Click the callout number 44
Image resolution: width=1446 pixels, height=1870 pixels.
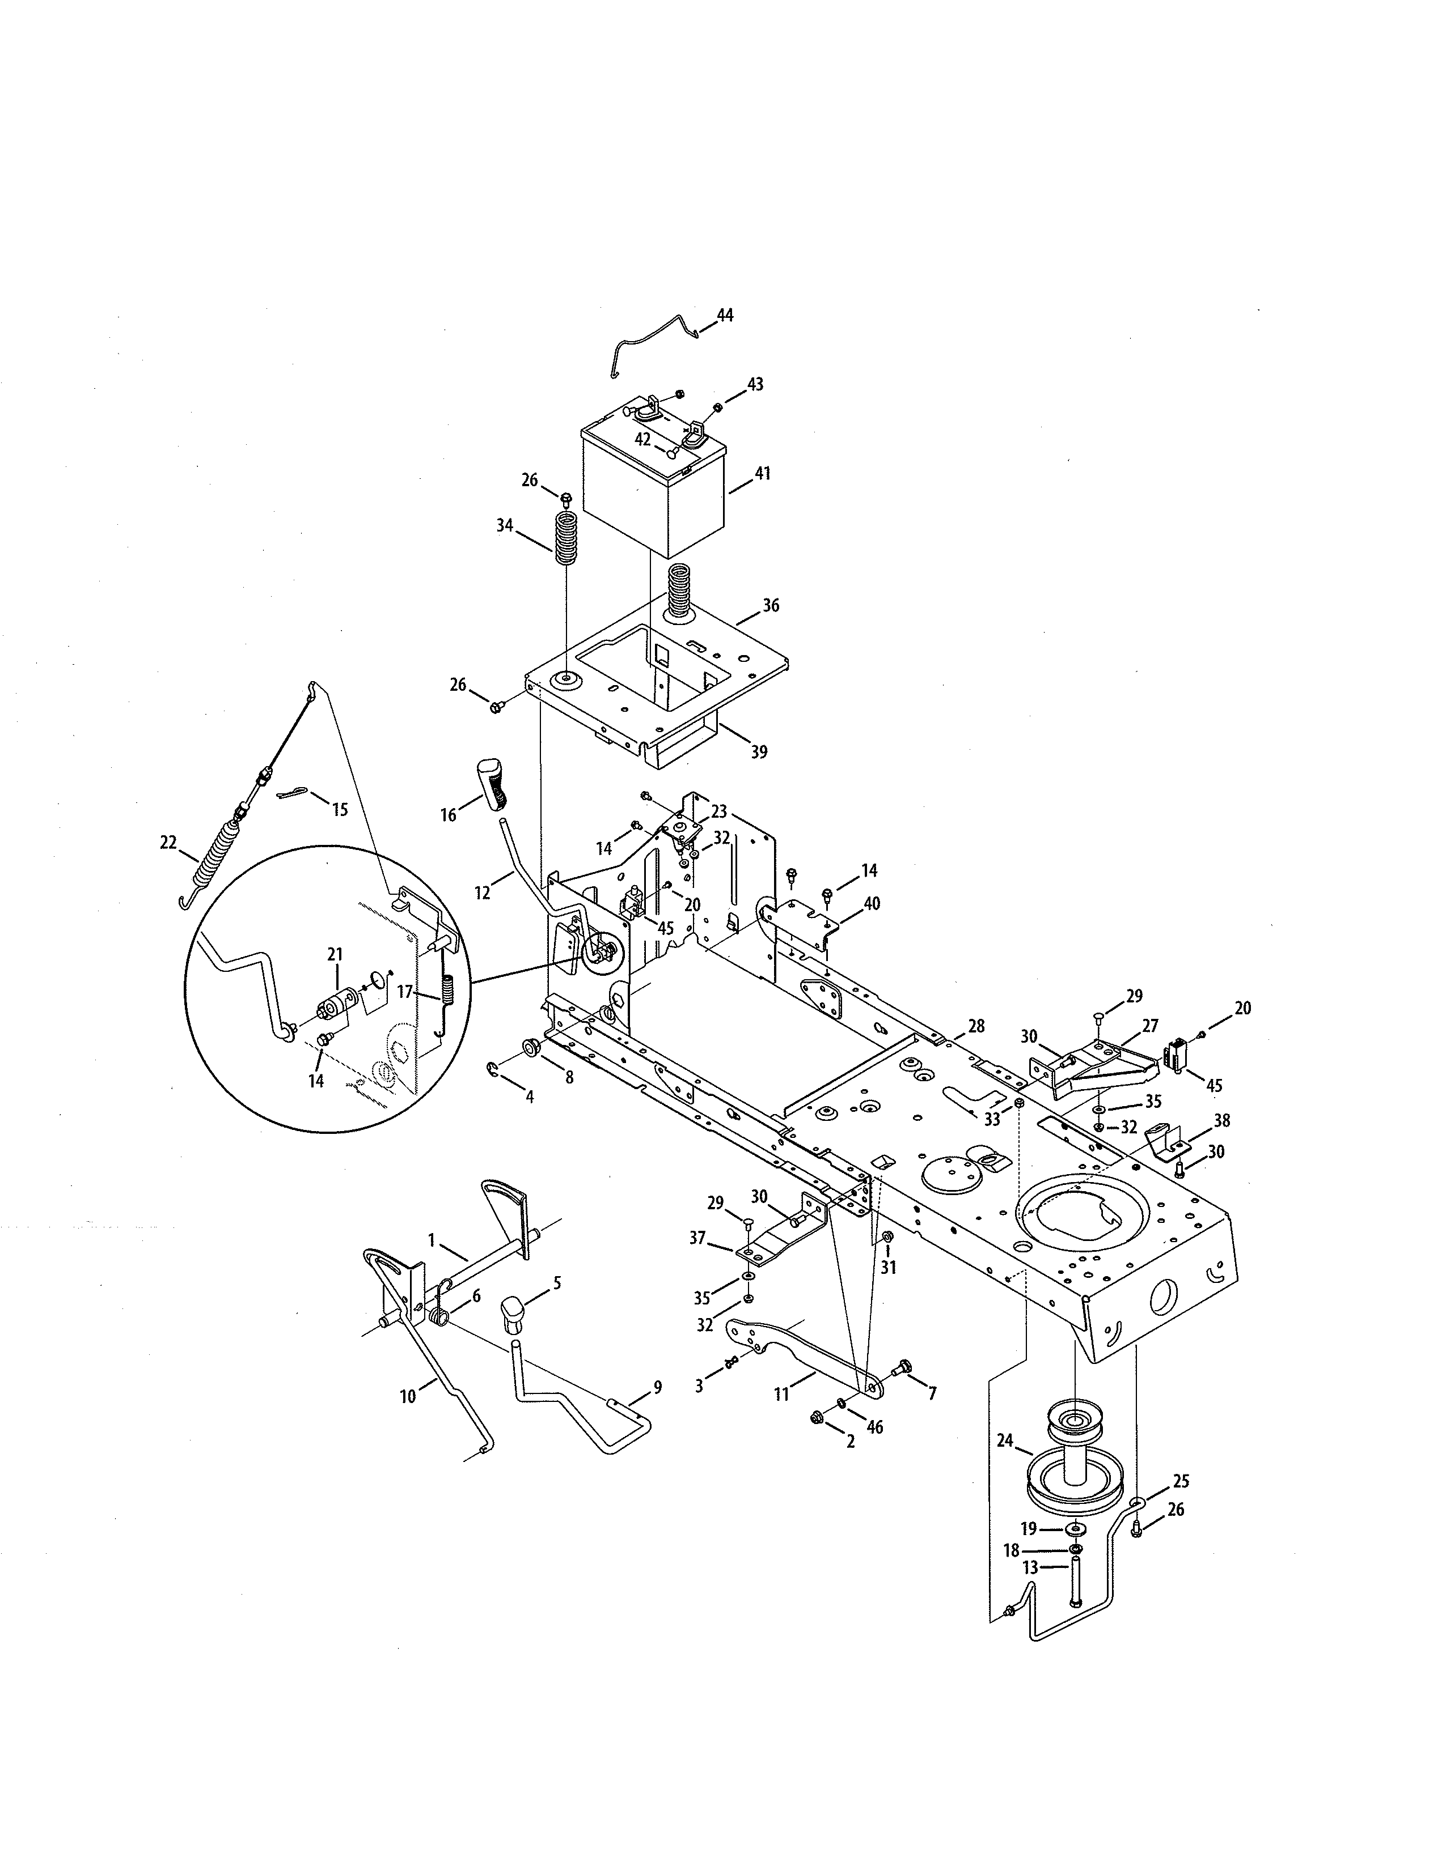[x=725, y=316]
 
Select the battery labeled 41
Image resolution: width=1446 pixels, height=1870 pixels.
[x=653, y=492]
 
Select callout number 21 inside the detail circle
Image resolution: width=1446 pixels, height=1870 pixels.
[x=335, y=953]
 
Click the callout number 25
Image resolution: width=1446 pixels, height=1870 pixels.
[x=1181, y=1481]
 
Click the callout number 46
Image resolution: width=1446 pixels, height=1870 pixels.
[x=874, y=1427]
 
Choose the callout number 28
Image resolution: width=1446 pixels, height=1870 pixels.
[x=976, y=1025]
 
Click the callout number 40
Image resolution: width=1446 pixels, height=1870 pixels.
[x=872, y=903]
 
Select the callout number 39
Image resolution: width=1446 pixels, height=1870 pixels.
[x=758, y=752]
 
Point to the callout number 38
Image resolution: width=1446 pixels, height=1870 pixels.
[x=1221, y=1120]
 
